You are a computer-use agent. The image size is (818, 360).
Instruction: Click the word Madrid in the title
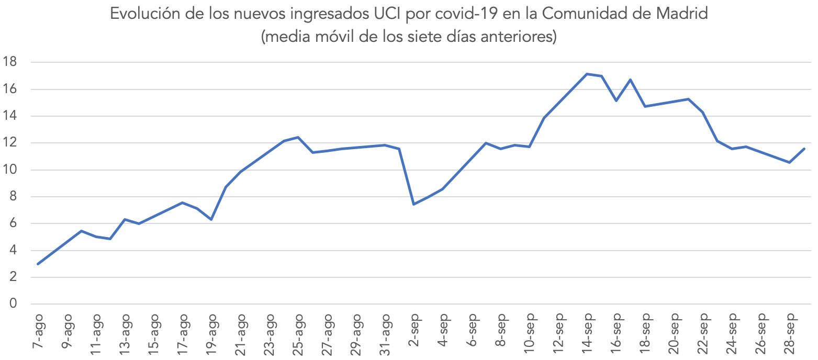tap(682, 15)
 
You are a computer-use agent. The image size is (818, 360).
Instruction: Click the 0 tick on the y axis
tap(14, 304)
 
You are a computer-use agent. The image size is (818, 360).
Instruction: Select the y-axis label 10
tap(10, 170)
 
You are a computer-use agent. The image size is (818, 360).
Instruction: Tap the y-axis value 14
tap(10, 116)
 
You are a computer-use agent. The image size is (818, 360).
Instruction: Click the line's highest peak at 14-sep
tap(587, 74)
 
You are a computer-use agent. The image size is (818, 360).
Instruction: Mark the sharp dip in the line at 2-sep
tap(414, 204)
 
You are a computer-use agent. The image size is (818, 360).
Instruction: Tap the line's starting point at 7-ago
tap(38, 264)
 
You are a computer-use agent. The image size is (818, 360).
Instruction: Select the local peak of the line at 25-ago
tap(298, 137)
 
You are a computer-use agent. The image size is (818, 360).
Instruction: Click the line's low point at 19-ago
tap(211, 219)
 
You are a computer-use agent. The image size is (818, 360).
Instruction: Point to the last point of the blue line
tap(804, 149)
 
